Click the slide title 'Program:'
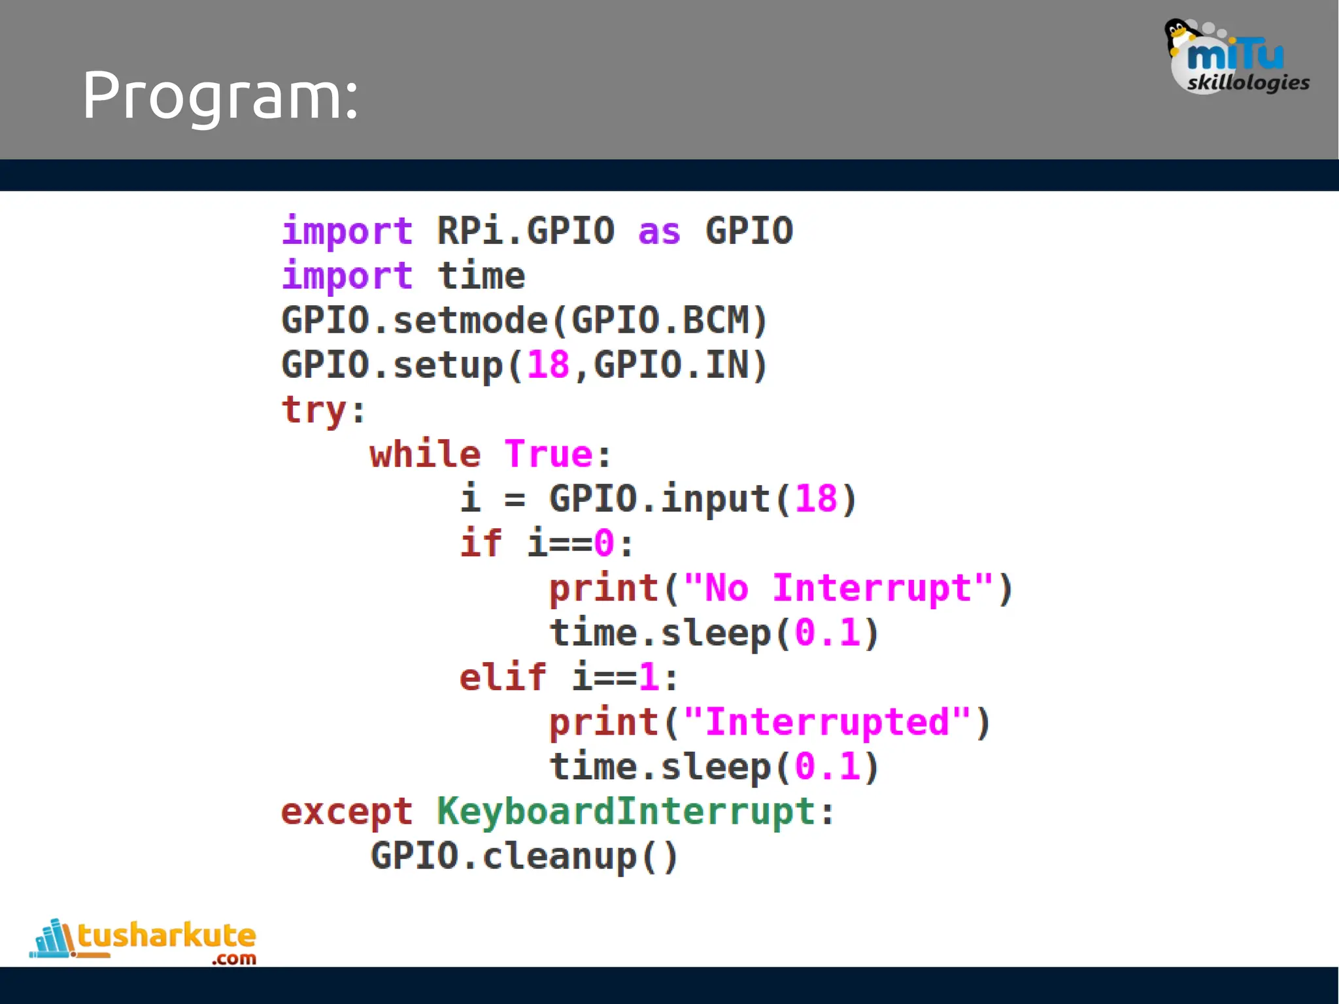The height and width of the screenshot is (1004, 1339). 220,96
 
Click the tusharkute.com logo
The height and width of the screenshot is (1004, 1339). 144,941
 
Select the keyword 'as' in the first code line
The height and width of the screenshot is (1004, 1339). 659,231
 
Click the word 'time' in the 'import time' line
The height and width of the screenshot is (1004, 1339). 481,276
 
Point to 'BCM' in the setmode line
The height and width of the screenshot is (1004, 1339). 715,320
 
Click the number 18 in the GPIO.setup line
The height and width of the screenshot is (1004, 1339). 548,365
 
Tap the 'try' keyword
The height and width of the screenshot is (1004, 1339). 314,410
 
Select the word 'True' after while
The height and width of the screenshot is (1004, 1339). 548,454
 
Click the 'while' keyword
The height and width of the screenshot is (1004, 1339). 425,454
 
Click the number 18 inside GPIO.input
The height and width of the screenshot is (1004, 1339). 816,499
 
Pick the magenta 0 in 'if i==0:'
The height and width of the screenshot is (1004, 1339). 604,543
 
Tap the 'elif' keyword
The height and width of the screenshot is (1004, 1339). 502,677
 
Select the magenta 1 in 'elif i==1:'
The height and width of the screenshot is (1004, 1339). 649,677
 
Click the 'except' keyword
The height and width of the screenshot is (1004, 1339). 347,812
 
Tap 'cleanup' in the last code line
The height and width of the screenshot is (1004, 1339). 560,856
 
